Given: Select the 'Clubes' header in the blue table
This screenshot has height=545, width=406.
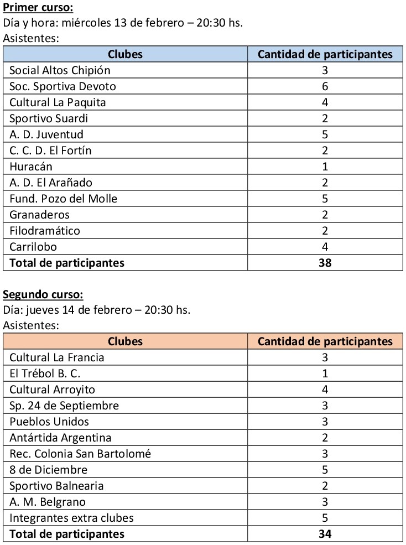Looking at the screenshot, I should [125, 54].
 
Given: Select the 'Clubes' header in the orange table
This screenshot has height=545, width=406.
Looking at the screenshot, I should [125, 341].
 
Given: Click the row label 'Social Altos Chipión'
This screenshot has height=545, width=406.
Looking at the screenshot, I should [60, 70].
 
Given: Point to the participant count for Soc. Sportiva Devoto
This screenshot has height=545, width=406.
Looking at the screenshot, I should [325, 86].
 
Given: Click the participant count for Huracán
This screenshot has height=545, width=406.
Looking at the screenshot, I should [325, 167].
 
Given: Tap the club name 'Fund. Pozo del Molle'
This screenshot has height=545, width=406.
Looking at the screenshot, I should [64, 199].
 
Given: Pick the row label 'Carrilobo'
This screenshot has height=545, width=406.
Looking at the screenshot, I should [33, 247].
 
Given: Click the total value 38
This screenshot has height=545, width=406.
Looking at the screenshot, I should [325, 263].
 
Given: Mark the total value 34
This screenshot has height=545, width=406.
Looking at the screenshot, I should [325, 534].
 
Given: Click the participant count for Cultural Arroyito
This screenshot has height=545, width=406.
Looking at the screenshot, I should [325, 390].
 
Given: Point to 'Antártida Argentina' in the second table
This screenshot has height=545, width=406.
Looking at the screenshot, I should [60, 438].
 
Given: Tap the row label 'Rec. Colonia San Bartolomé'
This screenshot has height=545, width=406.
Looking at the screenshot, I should [80, 454].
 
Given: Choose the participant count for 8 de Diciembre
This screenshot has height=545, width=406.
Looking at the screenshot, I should [325, 470].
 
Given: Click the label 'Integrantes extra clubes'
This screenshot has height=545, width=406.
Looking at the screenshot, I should [72, 518].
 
